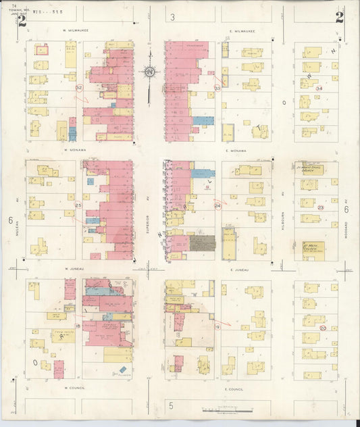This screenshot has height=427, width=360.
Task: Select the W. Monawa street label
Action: [x=78, y=150]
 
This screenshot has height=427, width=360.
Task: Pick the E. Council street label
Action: [x=233, y=389]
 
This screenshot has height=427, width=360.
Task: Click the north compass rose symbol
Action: [x=149, y=71]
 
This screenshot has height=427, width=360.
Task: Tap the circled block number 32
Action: [x=79, y=88]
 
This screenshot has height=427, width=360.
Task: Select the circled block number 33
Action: [x=217, y=88]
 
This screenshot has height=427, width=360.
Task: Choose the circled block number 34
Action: [x=319, y=89]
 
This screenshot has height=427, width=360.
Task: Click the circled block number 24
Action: [x=217, y=205]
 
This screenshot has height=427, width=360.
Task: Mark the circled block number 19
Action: [x=217, y=326]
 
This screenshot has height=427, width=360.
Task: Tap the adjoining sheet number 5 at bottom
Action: [x=172, y=405]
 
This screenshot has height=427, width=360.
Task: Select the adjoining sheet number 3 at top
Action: [x=172, y=17]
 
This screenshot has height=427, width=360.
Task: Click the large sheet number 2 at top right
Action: [x=338, y=18]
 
